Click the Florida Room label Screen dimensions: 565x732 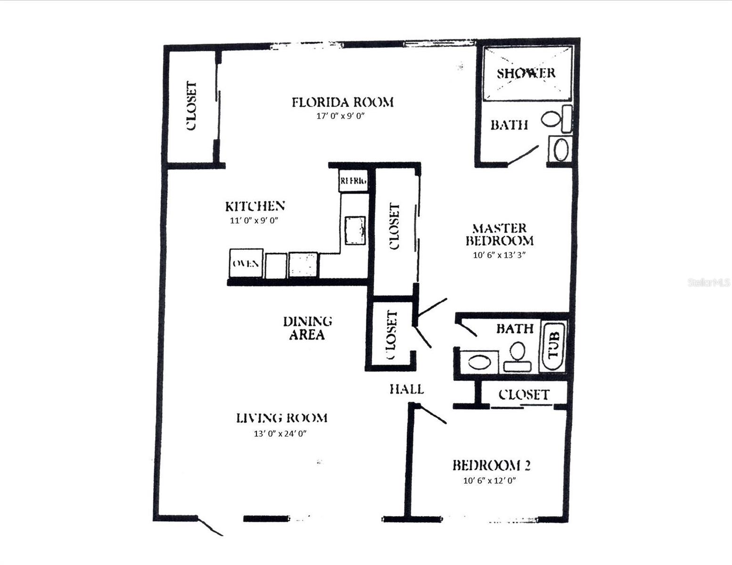342,102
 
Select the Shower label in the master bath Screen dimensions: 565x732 526,73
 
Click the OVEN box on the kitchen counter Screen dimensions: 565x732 246,264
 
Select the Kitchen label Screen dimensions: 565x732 255,206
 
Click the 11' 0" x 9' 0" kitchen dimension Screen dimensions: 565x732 254,220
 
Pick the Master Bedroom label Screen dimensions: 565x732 500,234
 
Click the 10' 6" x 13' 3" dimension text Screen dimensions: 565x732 499,255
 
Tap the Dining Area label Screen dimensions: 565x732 307,328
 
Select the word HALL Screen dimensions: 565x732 406,389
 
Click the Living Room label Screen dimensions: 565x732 281,418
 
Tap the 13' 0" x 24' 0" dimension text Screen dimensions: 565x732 280,434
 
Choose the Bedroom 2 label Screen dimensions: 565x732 492,465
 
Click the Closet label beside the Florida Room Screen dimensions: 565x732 191,106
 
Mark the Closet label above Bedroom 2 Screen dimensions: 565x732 524,394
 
